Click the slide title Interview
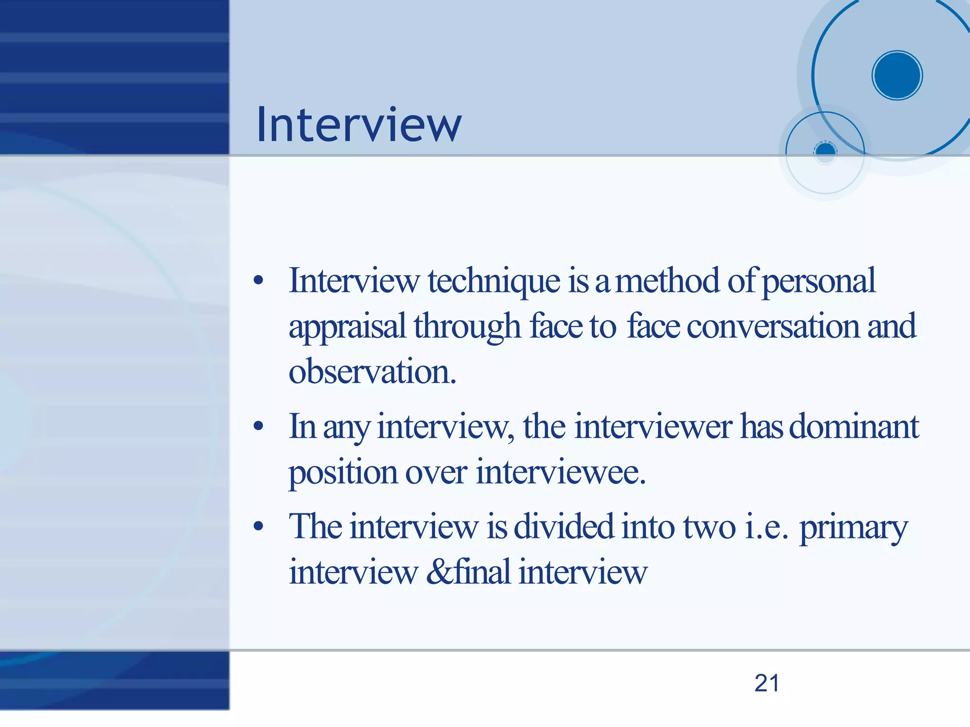(359, 125)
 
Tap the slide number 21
(767, 683)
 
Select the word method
(667, 281)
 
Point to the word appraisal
(347, 327)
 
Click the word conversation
(773, 327)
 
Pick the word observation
(372, 372)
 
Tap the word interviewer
(654, 426)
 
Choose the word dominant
(854, 426)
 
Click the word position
(343, 473)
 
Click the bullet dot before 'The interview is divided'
(258, 526)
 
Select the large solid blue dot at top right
(897, 75)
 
